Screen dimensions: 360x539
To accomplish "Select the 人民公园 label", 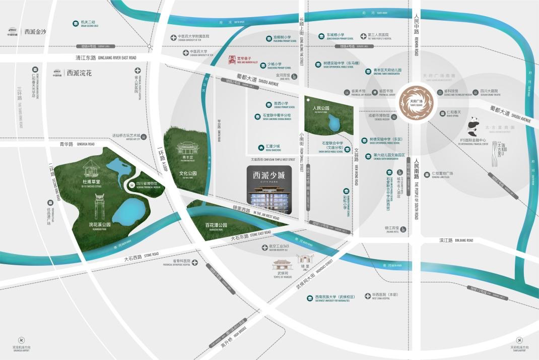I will tap(320, 108).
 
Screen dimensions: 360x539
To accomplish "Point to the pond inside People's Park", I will tap(333, 123).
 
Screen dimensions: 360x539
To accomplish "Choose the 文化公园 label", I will tap(187, 173).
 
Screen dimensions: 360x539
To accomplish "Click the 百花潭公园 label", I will tap(216, 225).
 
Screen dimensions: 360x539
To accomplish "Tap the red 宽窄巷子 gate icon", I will tap(232, 60).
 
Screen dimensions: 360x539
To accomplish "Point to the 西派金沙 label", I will tap(35, 31).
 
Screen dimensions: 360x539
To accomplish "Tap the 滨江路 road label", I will tap(446, 241).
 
